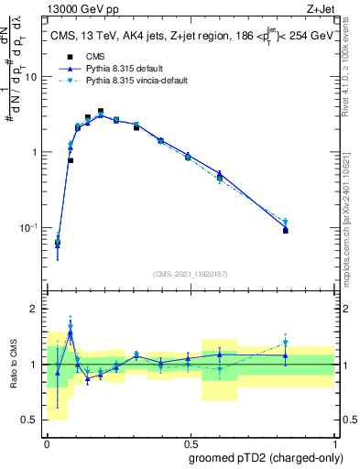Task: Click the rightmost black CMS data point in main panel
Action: [x=286, y=231]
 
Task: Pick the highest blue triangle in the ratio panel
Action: [x=70, y=333]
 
